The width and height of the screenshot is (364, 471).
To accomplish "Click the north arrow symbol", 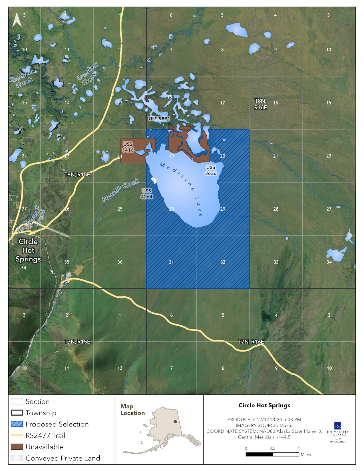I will (x=17, y=20).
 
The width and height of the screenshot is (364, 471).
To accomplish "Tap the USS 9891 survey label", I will (x=159, y=118).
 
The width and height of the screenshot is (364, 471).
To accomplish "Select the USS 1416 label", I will (x=128, y=147).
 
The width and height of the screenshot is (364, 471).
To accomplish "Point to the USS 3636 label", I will (x=211, y=170).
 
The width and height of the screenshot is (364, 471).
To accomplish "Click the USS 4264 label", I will (x=146, y=194).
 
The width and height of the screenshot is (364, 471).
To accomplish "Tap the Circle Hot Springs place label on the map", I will (x=28, y=250).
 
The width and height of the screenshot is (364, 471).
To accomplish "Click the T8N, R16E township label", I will (x=260, y=104).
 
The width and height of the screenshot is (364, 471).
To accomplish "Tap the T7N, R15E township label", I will (x=77, y=342).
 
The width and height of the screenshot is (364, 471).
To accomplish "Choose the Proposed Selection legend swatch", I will (x=17, y=424).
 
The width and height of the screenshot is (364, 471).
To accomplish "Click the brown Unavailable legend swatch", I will (x=17, y=447).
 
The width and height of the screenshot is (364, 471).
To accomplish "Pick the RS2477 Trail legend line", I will (x=17, y=436).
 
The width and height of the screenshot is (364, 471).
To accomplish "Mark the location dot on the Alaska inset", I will (x=175, y=422).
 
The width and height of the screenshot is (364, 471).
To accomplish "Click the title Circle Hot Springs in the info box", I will (x=264, y=405).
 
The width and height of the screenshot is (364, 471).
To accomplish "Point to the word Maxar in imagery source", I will (x=286, y=425).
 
